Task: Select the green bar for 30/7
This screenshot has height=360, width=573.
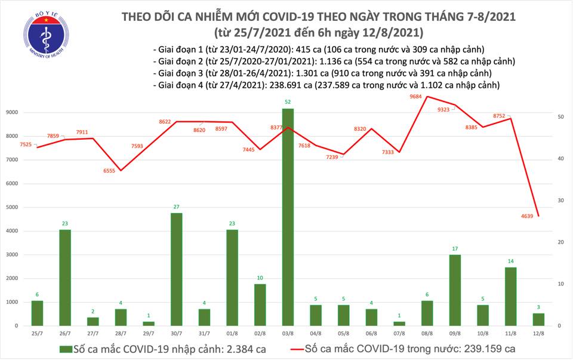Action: tap(177, 269)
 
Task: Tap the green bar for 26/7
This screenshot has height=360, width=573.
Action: tap(66, 278)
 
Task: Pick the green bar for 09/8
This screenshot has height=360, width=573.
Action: tap(455, 290)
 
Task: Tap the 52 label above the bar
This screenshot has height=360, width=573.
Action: tap(288, 101)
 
